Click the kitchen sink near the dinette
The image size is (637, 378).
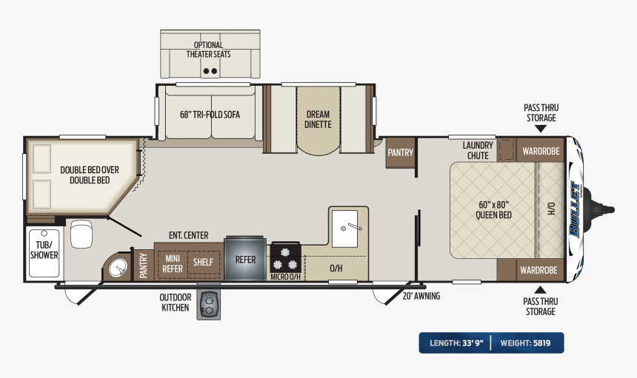pos(345,229)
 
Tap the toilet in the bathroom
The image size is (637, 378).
pos(81,234)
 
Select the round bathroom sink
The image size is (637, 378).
pos(118,268)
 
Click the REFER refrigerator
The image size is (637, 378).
pos(245,258)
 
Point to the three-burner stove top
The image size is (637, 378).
pos(286,258)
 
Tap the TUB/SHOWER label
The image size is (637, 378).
pos(44,250)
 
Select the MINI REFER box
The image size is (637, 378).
pos(173,263)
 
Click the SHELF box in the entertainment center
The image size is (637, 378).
pos(203,263)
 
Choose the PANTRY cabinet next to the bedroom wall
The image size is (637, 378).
pos(400,153)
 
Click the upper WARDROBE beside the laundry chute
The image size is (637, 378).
pos(541,151)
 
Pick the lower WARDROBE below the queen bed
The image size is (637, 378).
pos(538,270)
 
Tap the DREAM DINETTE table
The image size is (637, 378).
pos(318,121)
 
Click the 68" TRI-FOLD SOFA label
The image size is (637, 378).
pos(210,115)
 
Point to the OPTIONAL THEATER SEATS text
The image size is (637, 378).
pos(208,50)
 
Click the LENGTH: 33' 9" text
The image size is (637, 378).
pos(456,343)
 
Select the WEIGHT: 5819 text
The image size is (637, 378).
pos(525,343)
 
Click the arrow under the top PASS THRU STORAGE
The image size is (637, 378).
pos(540,129)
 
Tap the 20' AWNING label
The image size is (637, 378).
pos(421,296)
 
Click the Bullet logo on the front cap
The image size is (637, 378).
pos(575,209)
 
